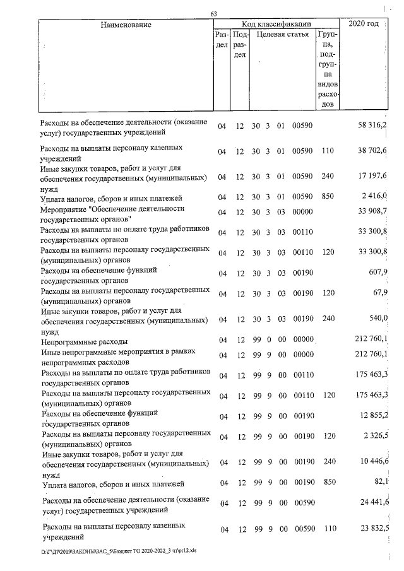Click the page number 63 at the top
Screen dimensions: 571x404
[x=214, y=14]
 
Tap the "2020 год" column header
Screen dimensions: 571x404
[x=364, y=24]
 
